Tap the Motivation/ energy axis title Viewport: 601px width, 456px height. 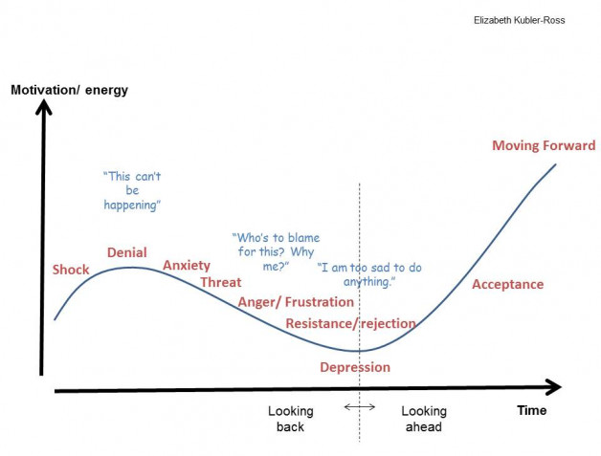pyautogui.click(x=69, y=91)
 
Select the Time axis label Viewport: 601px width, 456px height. pyautogui.click(x=532, y=410)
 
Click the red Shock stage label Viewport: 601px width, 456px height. pyautogui.click(x=71, y=270)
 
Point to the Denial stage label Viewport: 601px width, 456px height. pyautogui.click(x=126, y=252)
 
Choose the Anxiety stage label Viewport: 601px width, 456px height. pyautogui.click(x=187, y=265)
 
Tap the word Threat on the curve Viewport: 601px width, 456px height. pyautogui.click(x=221, y=282)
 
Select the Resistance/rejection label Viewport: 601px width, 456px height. pyautogui.click(x=350, y=323)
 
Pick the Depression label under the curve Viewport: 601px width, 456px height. pyautogui.click(x=355, y=367)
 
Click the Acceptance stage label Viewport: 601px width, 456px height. pyautogui.click(x=507, y=284)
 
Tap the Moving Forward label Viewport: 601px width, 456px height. pyautogui.click(x=544, y=146)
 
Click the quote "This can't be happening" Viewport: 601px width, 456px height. pyautogui.click(x=131, y=190)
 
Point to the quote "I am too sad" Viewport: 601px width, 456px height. pyautogui.click(x=356, y=275)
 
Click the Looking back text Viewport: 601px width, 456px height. pyautogui.click(x=290, y=419)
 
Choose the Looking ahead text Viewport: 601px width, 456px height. pyautogui.click(x=423, y=419)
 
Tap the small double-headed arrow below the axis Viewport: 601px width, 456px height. pyautogui.click(x=360, y=407)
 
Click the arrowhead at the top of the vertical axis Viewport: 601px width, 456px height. pyautogui.click(x=43, y=106)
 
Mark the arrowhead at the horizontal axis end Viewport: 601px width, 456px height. pyautogui.click(x=553, y=387)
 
